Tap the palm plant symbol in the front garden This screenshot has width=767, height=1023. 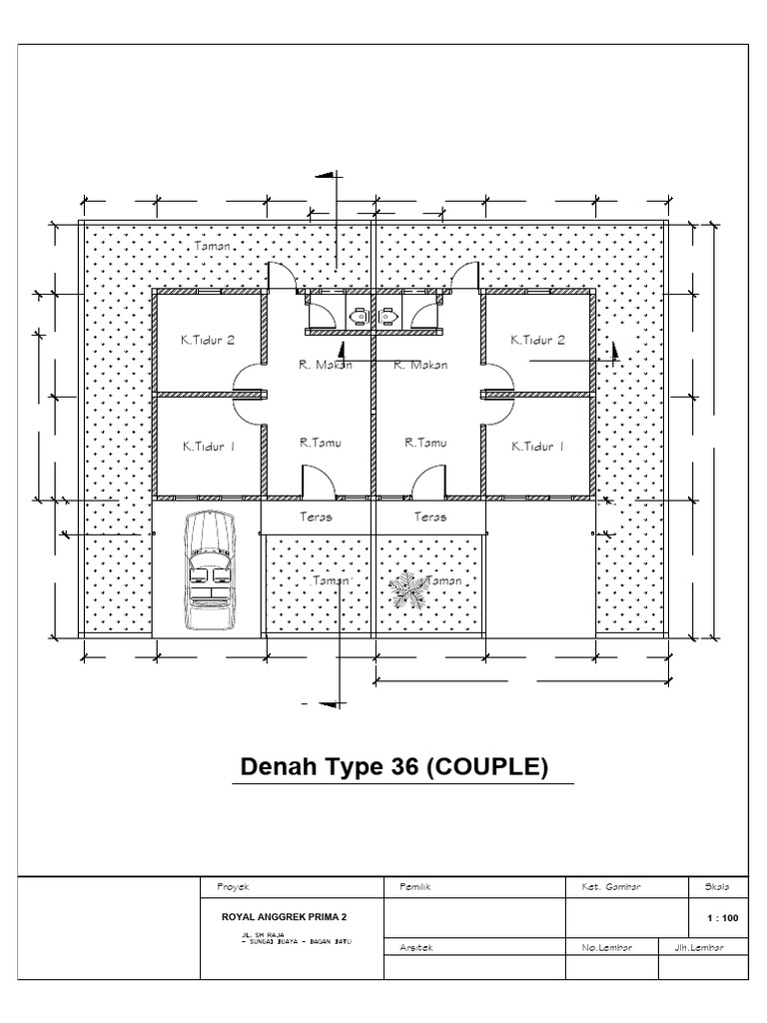pyautogui.click(x=405, y=588)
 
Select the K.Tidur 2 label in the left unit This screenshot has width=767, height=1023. pyautogui.click(x=208, y=341)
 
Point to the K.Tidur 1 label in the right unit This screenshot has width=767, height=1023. pyautogui.click(x=537, y=447)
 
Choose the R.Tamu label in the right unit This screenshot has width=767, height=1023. pyautogui.click(x=425, y=442)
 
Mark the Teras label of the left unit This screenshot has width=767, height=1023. pyautogui.click(x=316, y=517)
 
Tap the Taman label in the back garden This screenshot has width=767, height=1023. pyautogui.click(x=212, y=245)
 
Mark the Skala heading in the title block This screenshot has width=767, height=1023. pyautogui.click(x=717, y=886)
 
